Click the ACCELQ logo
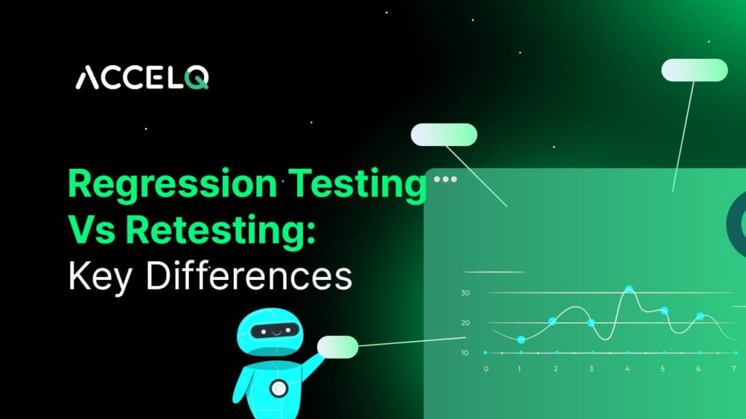142,77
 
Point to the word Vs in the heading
92,231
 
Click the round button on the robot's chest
278,388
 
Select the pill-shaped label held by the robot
338,347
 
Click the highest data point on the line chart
629,290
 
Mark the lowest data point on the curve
521,340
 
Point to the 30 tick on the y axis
465,293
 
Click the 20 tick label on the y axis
465,323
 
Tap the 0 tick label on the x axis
486,369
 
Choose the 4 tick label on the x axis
628,369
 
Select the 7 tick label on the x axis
734,369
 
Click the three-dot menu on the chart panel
445,178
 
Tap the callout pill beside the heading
444,135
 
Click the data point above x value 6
700,316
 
